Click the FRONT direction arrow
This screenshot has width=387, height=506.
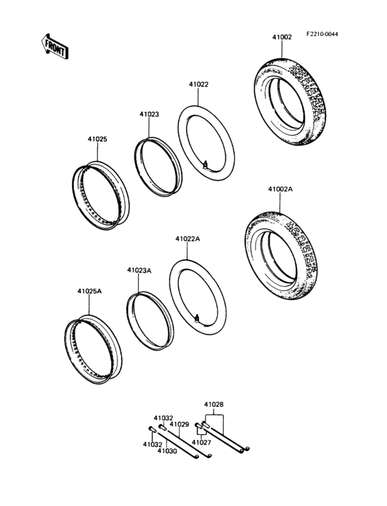(x=55, y=47)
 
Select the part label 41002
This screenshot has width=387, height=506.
(x=281, y=37)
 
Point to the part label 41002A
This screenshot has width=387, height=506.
(x=280, y=188)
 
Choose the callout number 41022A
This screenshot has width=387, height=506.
(x=187, y=238)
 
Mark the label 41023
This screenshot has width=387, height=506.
(x=149, y=115)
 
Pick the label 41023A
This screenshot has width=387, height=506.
(x=139, y=270)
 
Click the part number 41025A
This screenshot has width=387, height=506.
(x=89, y=292)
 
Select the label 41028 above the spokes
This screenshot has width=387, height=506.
(x=214, y=404)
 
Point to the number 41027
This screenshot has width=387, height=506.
(x=201, y=442)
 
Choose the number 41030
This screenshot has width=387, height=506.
(x=166, y=451)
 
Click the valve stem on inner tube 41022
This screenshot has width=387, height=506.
(x=207, y=165)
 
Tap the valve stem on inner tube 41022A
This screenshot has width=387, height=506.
(x=198, y=319)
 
